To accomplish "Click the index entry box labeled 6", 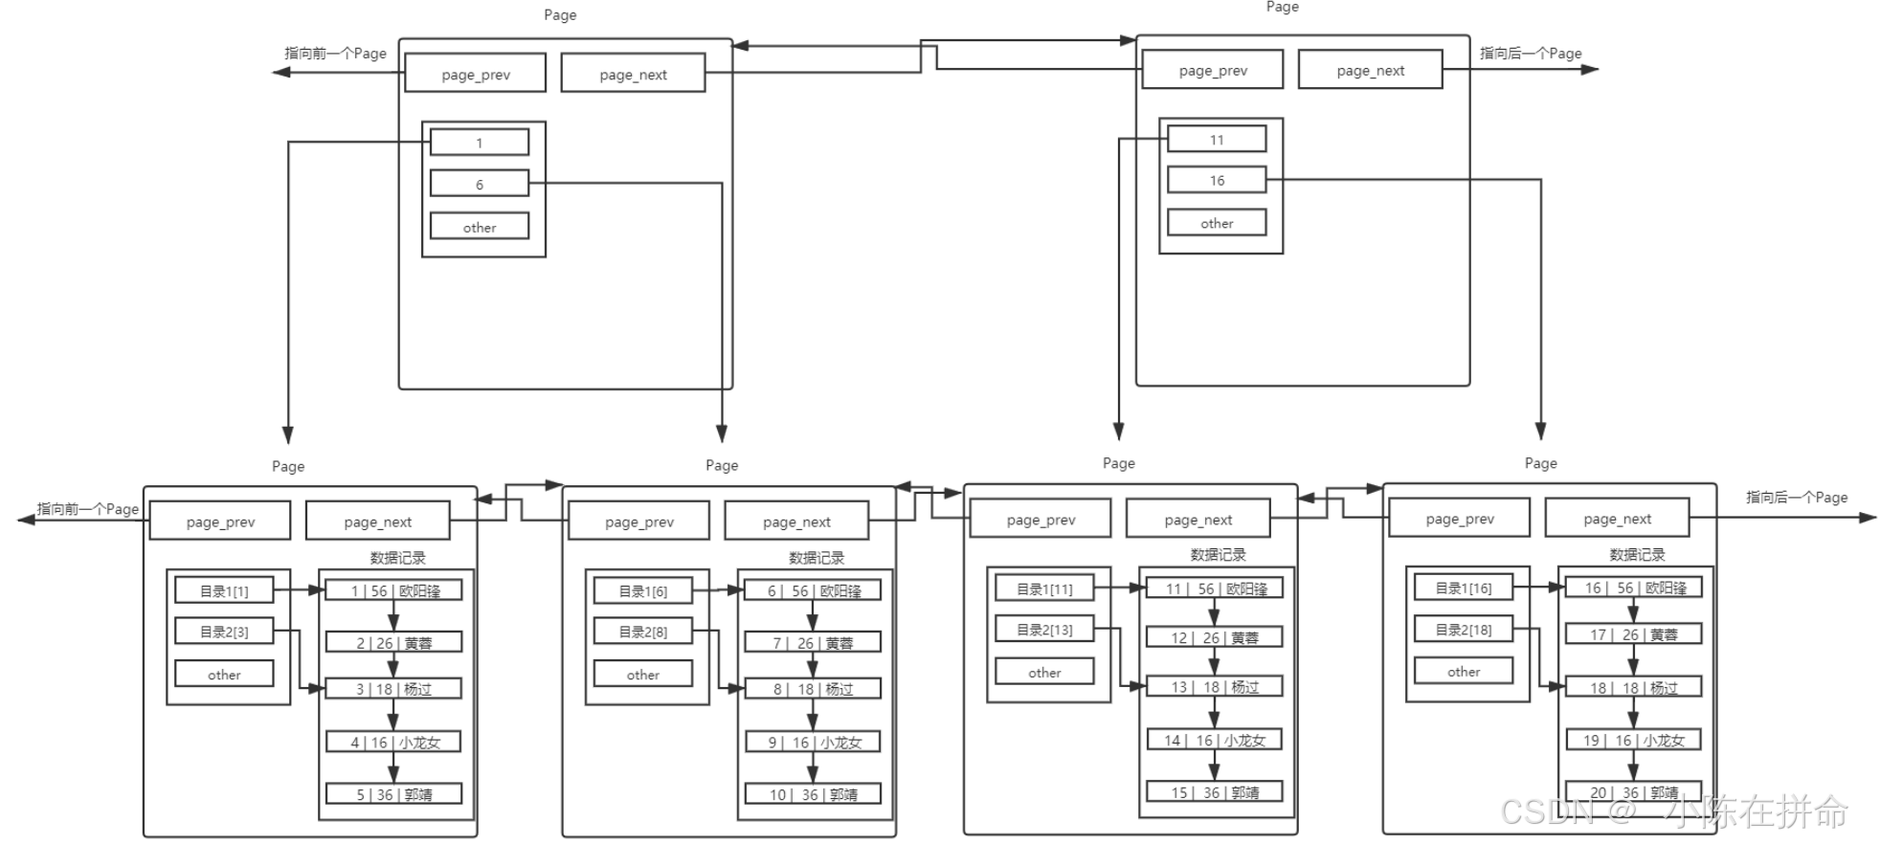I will [479, 184].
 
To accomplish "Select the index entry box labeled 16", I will [1216, 180].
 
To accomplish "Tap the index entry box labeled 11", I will [1216, 140].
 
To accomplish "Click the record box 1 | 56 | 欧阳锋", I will [393, 590].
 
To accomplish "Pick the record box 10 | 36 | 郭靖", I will [813, 794].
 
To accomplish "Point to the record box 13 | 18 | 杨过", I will [1214, 686].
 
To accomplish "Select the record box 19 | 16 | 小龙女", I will [1633, 740].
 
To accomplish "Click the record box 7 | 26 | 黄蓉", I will [813, 643].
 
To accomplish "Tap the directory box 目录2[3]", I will [224, 632].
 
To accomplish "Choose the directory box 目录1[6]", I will [642, 591].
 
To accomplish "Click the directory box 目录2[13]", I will [1044, 630].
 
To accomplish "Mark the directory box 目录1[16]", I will [1464, 588].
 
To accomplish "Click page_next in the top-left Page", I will [633, 75].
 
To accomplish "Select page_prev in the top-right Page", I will [1213, 71].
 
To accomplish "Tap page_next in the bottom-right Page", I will [1617, 519].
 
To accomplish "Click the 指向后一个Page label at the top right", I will [1530, 54].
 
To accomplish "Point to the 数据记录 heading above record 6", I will [817, 557].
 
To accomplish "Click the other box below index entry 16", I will [1216, 223].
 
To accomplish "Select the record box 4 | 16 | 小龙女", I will [393, 742].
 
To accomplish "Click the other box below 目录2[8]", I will [642, 675].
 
